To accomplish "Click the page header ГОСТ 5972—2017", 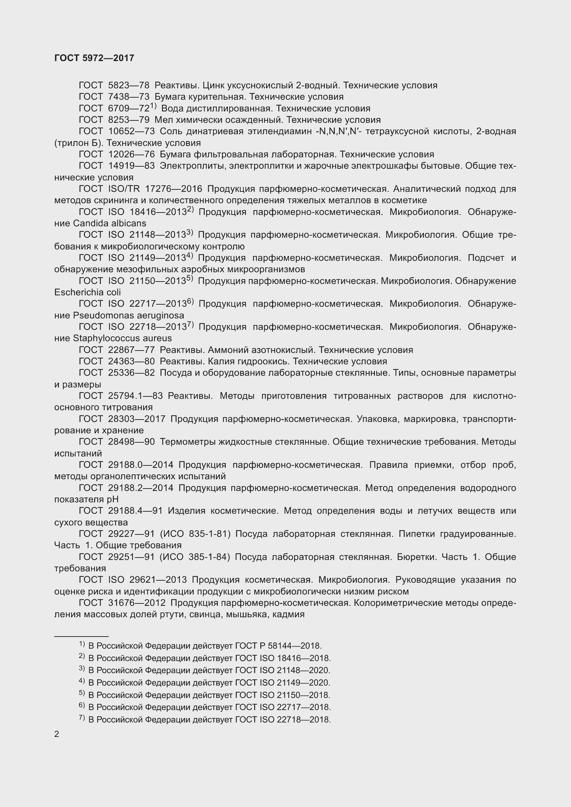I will [x=94, y=58].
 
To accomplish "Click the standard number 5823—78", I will [x=129, y=85].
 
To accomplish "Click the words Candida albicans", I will [x=109, y=223].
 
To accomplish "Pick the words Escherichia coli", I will [x=88, y=292].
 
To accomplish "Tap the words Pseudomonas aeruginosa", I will [x=128, y=315].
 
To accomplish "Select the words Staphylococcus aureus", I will [x=122, y=338].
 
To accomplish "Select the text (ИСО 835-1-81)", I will [x=195, y=533].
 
